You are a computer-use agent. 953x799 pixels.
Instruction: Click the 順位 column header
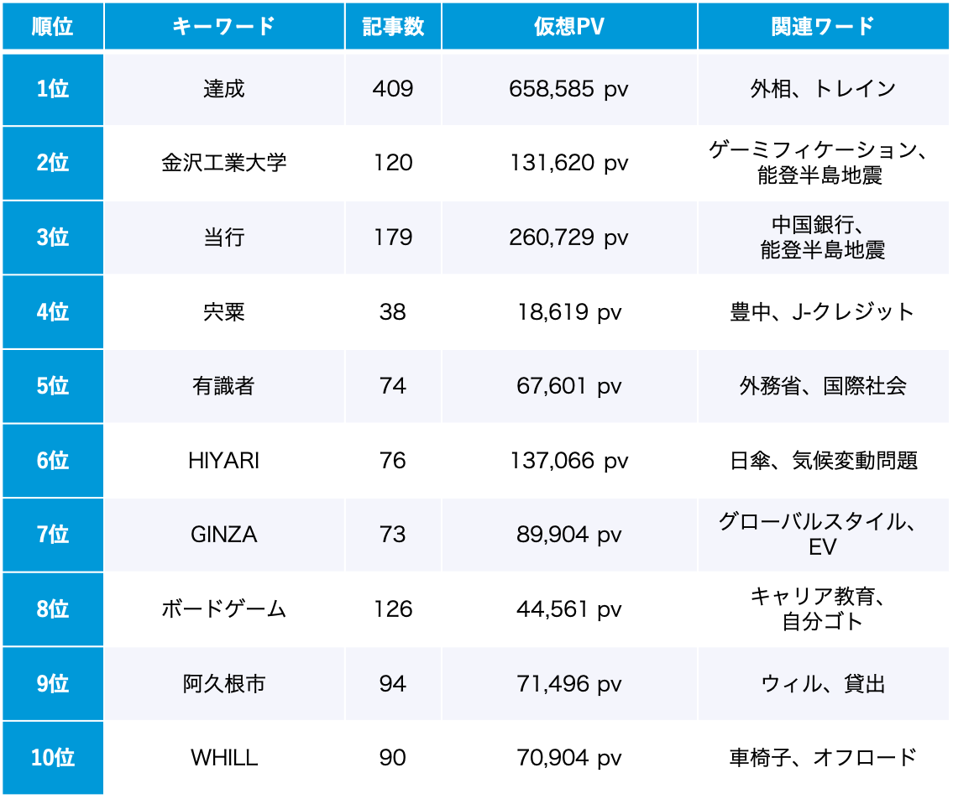[52, 26]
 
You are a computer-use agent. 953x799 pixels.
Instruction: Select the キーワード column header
[223, 26]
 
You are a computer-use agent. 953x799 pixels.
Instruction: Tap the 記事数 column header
[393, 26]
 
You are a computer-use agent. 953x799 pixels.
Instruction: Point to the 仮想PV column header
[568, 26]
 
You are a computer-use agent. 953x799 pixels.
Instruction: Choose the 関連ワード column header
[822, 26]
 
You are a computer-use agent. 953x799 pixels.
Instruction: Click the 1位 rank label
[52, 89]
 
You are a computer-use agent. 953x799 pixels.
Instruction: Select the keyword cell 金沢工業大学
[223, 163]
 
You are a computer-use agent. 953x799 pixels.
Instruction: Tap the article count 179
[393, 238]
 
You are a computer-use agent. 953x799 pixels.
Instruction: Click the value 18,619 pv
[568, 312]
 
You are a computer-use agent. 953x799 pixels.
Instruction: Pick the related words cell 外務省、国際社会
[822, 386]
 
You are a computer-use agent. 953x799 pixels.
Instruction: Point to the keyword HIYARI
[223, 461]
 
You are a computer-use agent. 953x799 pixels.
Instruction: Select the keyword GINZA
[223, 535]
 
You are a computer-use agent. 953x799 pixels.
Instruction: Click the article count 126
[393, 609]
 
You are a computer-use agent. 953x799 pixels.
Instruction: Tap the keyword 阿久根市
[223, 684]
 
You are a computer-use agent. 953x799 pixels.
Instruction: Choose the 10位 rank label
[52, 758]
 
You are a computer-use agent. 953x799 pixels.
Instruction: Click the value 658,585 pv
[568, 89]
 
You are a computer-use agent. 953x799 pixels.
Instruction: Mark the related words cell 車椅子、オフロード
[822, 758]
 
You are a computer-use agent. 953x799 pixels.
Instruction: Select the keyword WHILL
[223, 758]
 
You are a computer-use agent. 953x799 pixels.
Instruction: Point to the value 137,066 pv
[568, 461]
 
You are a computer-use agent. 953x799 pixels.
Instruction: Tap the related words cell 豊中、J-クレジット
[822, 312]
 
